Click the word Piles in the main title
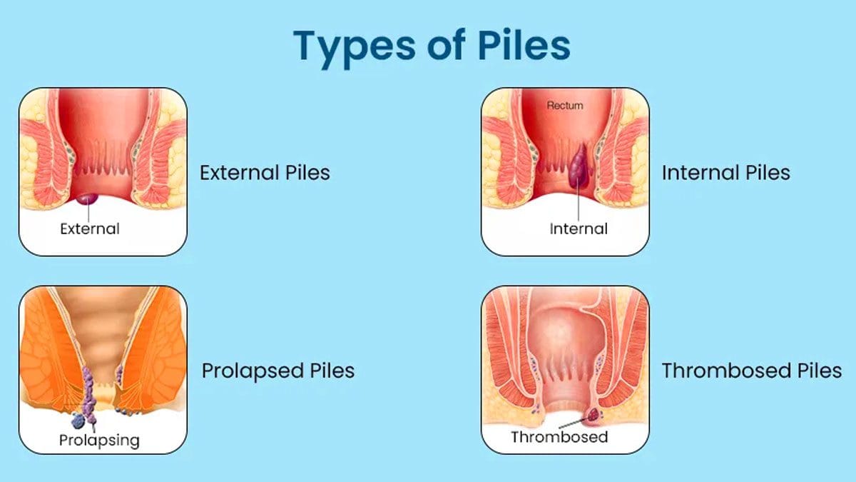click(524, 44)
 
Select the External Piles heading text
click(265, 173)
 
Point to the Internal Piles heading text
click(725, 173)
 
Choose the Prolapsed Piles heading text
click(278, 371)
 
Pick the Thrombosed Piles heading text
click(752, 371)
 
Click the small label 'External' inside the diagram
click(90, 229)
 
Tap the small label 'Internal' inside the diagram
click(579, 229)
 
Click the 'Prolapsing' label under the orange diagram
click(99, 441)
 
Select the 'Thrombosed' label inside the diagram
click(559, 437)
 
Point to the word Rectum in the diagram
click(565, 106)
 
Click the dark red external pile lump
click(87, 199)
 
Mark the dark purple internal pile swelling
click(579, 166)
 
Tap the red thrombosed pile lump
click(593, 414)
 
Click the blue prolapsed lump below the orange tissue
click(78, 421)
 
